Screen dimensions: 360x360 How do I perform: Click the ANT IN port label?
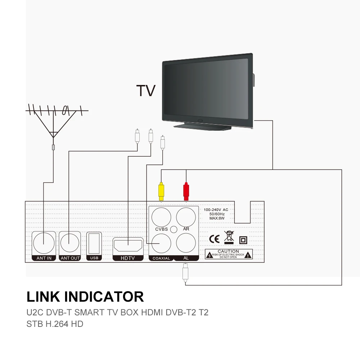pos(44,258)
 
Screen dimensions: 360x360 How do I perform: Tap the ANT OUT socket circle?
pos(70,243)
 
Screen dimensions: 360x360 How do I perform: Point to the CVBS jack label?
pos(161,229)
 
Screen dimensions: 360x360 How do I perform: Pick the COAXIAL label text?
pos(161,258)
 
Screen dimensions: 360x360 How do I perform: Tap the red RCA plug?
pos(186,191)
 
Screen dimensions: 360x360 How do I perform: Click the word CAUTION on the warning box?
pos(228,251)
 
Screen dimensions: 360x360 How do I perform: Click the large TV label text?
pos(146,91)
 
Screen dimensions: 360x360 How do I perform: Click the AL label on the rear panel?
pos(186,258)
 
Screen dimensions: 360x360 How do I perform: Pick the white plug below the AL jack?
pos(185,273)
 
